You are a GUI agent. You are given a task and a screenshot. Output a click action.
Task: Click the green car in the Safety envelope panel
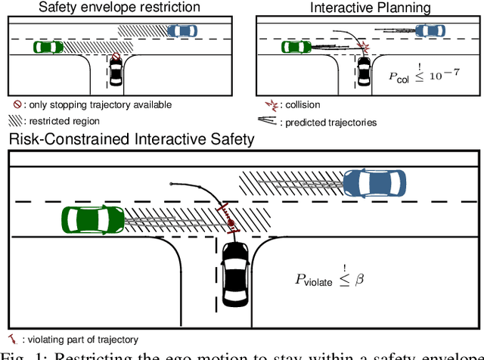(x=48, y=47)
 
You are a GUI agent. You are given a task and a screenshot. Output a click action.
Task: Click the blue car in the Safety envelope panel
(x=181, y=31)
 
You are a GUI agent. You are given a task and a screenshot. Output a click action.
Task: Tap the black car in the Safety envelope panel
(x=116, y=73)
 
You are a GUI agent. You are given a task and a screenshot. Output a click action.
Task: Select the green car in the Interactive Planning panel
(x=296, y=47)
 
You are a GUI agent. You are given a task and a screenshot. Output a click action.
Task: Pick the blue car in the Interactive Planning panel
(x=430, y=31)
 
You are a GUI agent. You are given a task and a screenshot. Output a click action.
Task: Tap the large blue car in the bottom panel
(x=374, y=182)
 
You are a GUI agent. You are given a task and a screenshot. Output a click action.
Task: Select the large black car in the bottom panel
(x=235, y=276)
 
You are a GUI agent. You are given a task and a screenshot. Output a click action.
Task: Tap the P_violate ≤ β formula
(x=329, y=279)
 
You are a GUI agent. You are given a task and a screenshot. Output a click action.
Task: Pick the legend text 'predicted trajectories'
(x=329, y=121)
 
